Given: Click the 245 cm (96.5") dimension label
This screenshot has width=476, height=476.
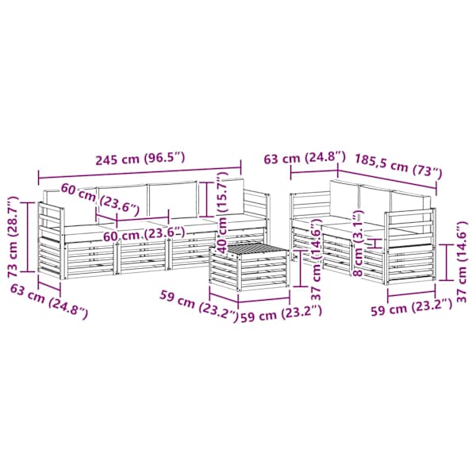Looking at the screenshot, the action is (x=140, y=159).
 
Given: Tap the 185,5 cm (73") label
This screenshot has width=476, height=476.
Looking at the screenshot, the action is (x=398, y=167).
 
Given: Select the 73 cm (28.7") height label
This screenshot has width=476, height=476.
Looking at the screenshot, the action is (x=13, y=236).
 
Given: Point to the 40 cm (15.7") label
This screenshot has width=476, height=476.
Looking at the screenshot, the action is (x=222, y=213).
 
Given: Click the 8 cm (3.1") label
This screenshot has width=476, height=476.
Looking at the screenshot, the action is (x=359, y=243).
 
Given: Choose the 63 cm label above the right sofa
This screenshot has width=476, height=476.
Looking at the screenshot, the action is (x=305, y=158).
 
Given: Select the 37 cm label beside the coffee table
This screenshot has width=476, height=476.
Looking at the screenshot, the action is (x=317, y=259).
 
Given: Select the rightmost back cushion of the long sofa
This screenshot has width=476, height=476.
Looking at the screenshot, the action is (x=233, y=198).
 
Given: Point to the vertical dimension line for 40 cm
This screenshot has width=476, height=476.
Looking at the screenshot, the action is (x=206, y=199).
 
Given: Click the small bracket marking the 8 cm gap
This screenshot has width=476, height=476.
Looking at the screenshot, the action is (x=376, y=244).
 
